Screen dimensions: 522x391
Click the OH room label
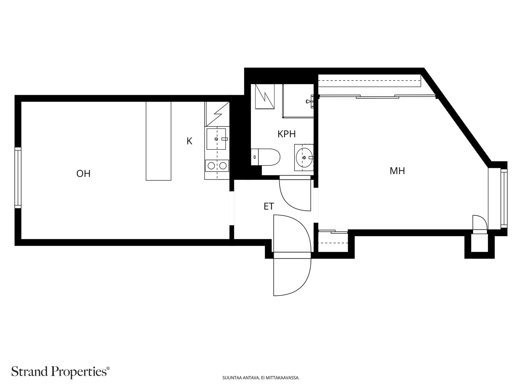83,174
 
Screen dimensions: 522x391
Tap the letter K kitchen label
189,141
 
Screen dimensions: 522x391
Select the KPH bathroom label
286,134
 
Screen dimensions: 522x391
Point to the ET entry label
269,206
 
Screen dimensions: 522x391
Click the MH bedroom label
397,171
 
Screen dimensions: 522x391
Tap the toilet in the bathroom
265,157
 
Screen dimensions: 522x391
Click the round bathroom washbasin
304,157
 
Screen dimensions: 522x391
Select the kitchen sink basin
216,139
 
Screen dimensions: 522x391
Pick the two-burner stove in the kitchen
217,166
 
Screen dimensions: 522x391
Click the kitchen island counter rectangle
158,141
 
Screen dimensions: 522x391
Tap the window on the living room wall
18,178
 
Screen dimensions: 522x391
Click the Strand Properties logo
61,371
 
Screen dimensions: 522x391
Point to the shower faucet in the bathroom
310,101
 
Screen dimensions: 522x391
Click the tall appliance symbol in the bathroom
265,96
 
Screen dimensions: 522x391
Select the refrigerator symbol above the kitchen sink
217,114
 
